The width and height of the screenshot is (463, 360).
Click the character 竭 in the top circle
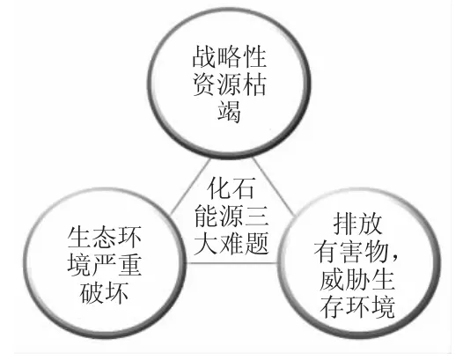tap(229, 111)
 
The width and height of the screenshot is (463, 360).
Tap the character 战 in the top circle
tap(204, 56)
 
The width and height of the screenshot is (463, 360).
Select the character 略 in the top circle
tap(229, 56)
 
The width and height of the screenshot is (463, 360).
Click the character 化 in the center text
tap(218, 188)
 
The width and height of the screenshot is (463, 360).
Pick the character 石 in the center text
tap(243, 188)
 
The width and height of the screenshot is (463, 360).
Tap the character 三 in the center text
tap(256, 216)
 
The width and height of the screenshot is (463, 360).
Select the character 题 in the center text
tap(256, 243)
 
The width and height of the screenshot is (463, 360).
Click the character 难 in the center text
tap(231, 243)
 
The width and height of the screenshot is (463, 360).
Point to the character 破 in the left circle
tap(92, 293)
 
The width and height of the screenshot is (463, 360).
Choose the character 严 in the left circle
tap(104, 265)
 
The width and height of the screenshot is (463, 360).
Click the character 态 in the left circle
tap(104, 238)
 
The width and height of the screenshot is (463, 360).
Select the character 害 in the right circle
tap(351, 252)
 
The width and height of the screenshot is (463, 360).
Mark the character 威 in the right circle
tap(332, 279)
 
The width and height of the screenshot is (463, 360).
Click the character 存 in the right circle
tap(332, 306)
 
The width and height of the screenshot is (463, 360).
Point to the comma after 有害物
tap(394, 260)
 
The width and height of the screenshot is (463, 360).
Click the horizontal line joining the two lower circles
tap(232, 263)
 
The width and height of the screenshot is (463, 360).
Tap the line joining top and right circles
tap(274, 187)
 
